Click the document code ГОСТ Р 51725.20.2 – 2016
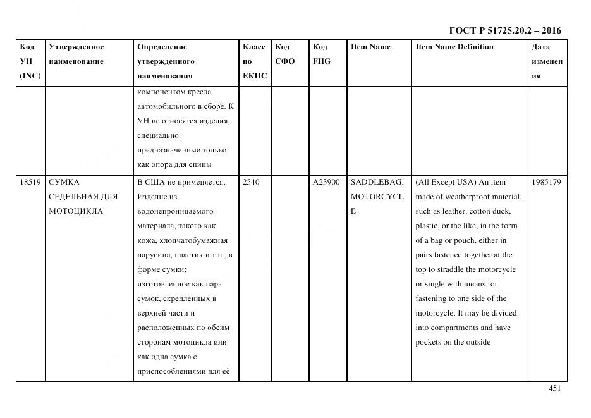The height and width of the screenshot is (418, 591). pyautogui.click(x=504, y=30)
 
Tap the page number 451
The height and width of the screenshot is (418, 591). pyautogui.click(x=554, y=388)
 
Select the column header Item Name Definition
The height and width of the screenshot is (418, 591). pyautogui.click(x=454, y=47)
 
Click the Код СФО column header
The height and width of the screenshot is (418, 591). pyautogui.click(x=284, y=54)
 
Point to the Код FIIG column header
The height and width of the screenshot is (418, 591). pyautogui.click(x=321, y=54)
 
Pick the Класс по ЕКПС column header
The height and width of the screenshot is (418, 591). pyautogui.click(x=254, y=61)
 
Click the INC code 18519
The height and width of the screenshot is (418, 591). pyautogui.click(x=30, y=182)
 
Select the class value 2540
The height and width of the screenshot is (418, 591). pyautogui.click(x=251, y=182)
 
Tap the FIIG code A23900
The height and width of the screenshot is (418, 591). pyautogui.click(x=326, y=182)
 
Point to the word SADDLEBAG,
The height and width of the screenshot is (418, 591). pyautogui.click(x=377, y=182)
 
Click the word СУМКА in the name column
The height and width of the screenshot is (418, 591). pyautogui.click(x=64, y=182)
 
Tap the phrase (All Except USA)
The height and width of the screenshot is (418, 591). pyautogui.click(x=442, y=182)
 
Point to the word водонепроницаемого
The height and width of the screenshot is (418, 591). pyautogui.click(x=175, y=211)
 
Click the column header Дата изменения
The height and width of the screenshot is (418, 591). pyautogui.click(x=547, y=61)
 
